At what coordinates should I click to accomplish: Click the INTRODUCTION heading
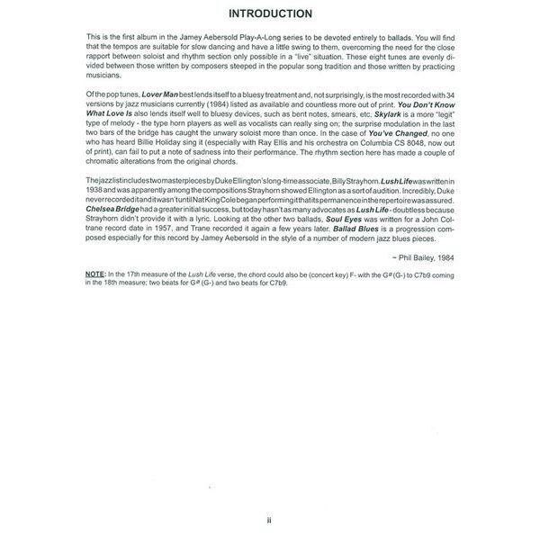[x=269, y=13]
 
